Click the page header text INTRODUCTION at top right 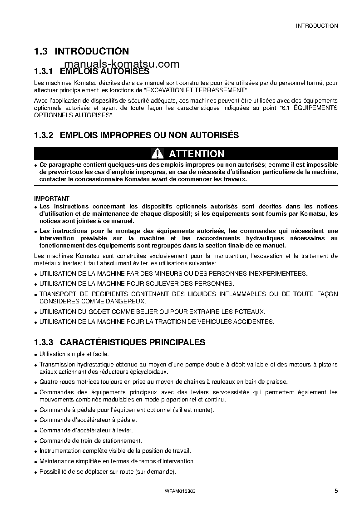pos(316,26)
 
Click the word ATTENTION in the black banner pos(196,153)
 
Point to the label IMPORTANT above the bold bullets pos(52,198)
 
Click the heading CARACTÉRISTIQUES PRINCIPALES pos(133,342)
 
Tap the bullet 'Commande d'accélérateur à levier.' pos(86,430)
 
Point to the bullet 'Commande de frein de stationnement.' pos(90,441)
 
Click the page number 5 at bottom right pos(335,490)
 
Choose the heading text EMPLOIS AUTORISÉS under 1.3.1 pos(104,71)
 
